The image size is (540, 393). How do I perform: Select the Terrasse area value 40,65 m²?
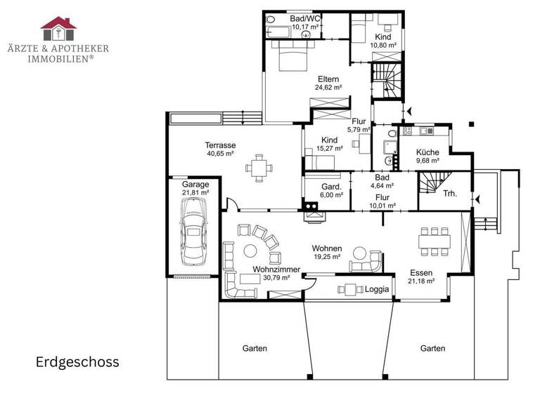221,153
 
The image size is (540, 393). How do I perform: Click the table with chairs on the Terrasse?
259,167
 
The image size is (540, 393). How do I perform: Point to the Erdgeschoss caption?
77,362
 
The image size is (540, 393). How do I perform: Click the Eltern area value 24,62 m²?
328,88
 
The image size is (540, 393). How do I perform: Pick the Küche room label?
427,152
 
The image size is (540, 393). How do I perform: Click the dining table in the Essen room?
434,241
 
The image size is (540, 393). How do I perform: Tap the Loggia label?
377,289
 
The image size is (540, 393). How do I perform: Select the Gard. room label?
330,187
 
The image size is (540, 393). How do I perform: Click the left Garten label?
255,348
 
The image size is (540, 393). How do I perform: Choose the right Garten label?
432,348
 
